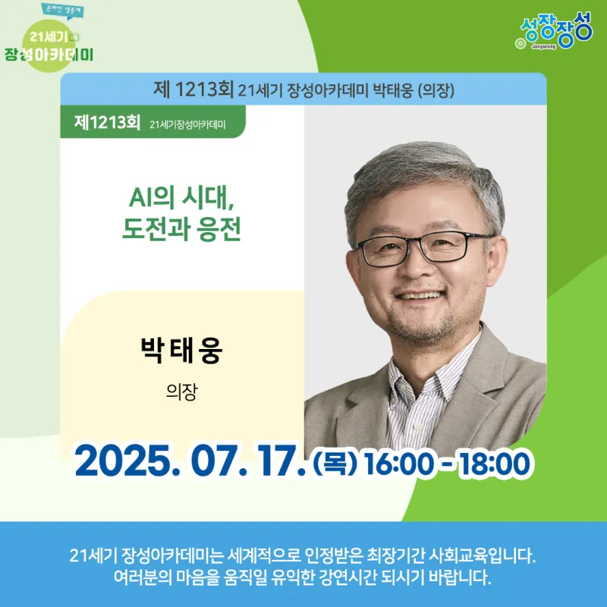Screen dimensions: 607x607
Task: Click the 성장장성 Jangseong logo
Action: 554,31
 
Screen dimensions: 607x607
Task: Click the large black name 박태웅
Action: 181,350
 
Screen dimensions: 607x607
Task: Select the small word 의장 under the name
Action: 181,392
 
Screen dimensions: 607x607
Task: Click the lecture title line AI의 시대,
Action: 181,197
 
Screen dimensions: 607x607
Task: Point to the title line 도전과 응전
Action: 181,229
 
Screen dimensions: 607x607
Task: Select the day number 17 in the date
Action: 279,461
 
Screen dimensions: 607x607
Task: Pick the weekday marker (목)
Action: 335,463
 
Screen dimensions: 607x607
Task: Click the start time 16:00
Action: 399,464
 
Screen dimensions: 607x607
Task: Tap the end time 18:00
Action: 495,464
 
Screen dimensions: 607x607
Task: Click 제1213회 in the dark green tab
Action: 107,122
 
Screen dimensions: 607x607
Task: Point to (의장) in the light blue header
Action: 436,90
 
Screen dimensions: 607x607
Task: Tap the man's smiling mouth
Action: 419,296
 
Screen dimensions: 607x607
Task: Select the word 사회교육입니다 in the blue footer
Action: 483,556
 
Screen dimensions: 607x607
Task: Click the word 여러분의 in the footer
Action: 143,577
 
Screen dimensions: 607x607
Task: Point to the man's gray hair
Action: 422,170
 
